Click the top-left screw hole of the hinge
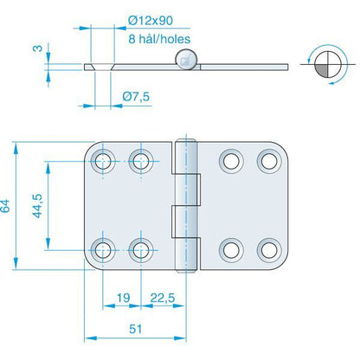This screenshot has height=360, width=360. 104,160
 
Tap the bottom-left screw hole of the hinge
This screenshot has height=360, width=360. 104,248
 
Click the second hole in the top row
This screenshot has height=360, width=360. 140,160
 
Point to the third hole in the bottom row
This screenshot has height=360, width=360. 229,248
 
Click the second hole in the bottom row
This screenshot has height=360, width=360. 140,248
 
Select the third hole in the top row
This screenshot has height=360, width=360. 229,160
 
